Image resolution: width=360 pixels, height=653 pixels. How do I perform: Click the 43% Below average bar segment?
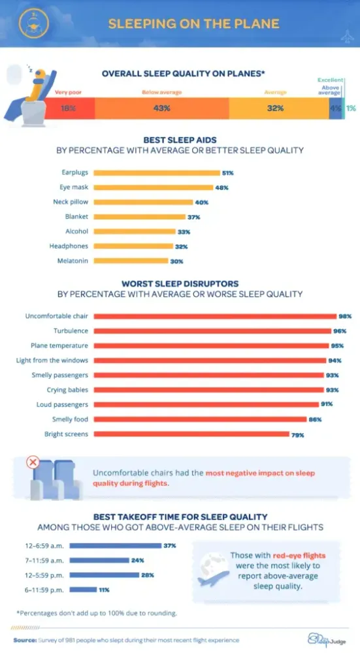tap(161, 108)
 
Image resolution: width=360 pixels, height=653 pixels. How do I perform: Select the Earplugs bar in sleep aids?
tap(157, 173)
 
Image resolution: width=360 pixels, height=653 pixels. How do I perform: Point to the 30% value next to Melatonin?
tap(176, 262)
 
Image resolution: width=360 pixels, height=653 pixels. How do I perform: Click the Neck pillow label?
tap(71, 202)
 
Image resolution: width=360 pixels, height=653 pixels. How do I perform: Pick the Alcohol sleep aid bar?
tap(135, 232)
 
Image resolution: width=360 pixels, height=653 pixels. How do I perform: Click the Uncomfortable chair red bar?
tap(215, 317)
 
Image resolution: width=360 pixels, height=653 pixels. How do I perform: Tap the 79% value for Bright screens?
tap(298, 435)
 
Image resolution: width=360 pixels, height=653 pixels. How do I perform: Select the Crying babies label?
tap(67, 390)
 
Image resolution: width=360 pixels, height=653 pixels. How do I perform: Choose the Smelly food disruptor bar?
tap(200, 419)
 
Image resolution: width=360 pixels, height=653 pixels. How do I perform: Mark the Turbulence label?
tap(71, 330)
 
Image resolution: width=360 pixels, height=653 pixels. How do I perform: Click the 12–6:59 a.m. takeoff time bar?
tap(116, 545)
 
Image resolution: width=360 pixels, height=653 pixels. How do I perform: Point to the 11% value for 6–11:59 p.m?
tap(104, 590)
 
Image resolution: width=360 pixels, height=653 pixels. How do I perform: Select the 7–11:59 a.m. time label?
tap(44, 560)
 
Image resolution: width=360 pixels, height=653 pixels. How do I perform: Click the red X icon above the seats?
tap(33, 462)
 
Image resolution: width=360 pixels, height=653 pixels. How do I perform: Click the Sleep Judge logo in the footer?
tap(327, 639)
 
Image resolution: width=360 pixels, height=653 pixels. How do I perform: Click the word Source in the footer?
tap(25, 640)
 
